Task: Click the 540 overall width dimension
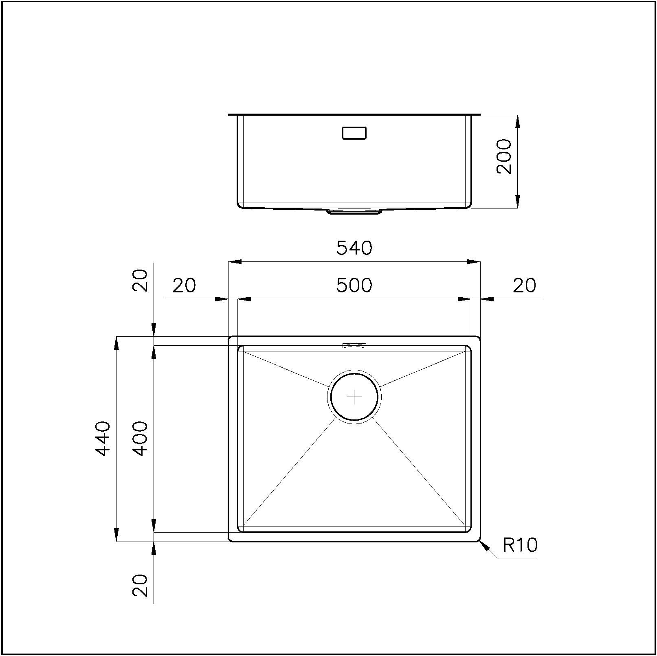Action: tap(354, 248)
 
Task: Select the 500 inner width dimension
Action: tap(354, 285)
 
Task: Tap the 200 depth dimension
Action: tap(504, 156)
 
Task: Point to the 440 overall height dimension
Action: tap(103, 439)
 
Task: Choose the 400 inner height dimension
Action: tap(140, 439)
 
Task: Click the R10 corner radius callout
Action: tap(520, 545)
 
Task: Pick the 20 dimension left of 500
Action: tap(184, 285)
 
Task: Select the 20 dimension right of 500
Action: tap(524, 285)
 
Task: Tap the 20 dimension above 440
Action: tap(140, 280)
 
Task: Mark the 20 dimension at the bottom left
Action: tap(140, 585)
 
